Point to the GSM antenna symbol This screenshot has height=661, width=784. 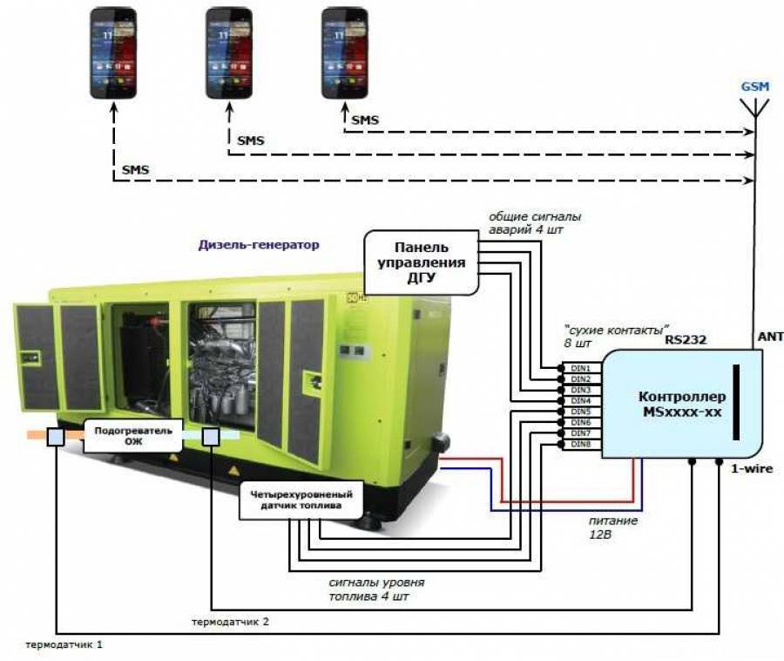pyautogui.click(x=754, y=109)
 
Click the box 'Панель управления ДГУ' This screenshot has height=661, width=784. pyautogui.click(x=421, y=262)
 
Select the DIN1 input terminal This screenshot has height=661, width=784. pyautogui.click(x=580, y=369)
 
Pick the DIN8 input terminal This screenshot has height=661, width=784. pyautogui.click(x=580, y=445)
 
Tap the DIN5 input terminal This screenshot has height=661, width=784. pyautogui.click(x=580, y=412)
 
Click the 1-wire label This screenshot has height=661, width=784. pyautogui.click(x=752, y=470)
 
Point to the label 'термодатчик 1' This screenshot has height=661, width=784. pyautogui.click(x=69, y=646)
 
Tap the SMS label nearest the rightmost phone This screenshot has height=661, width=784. pyautogui.click(x=364, y=119)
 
